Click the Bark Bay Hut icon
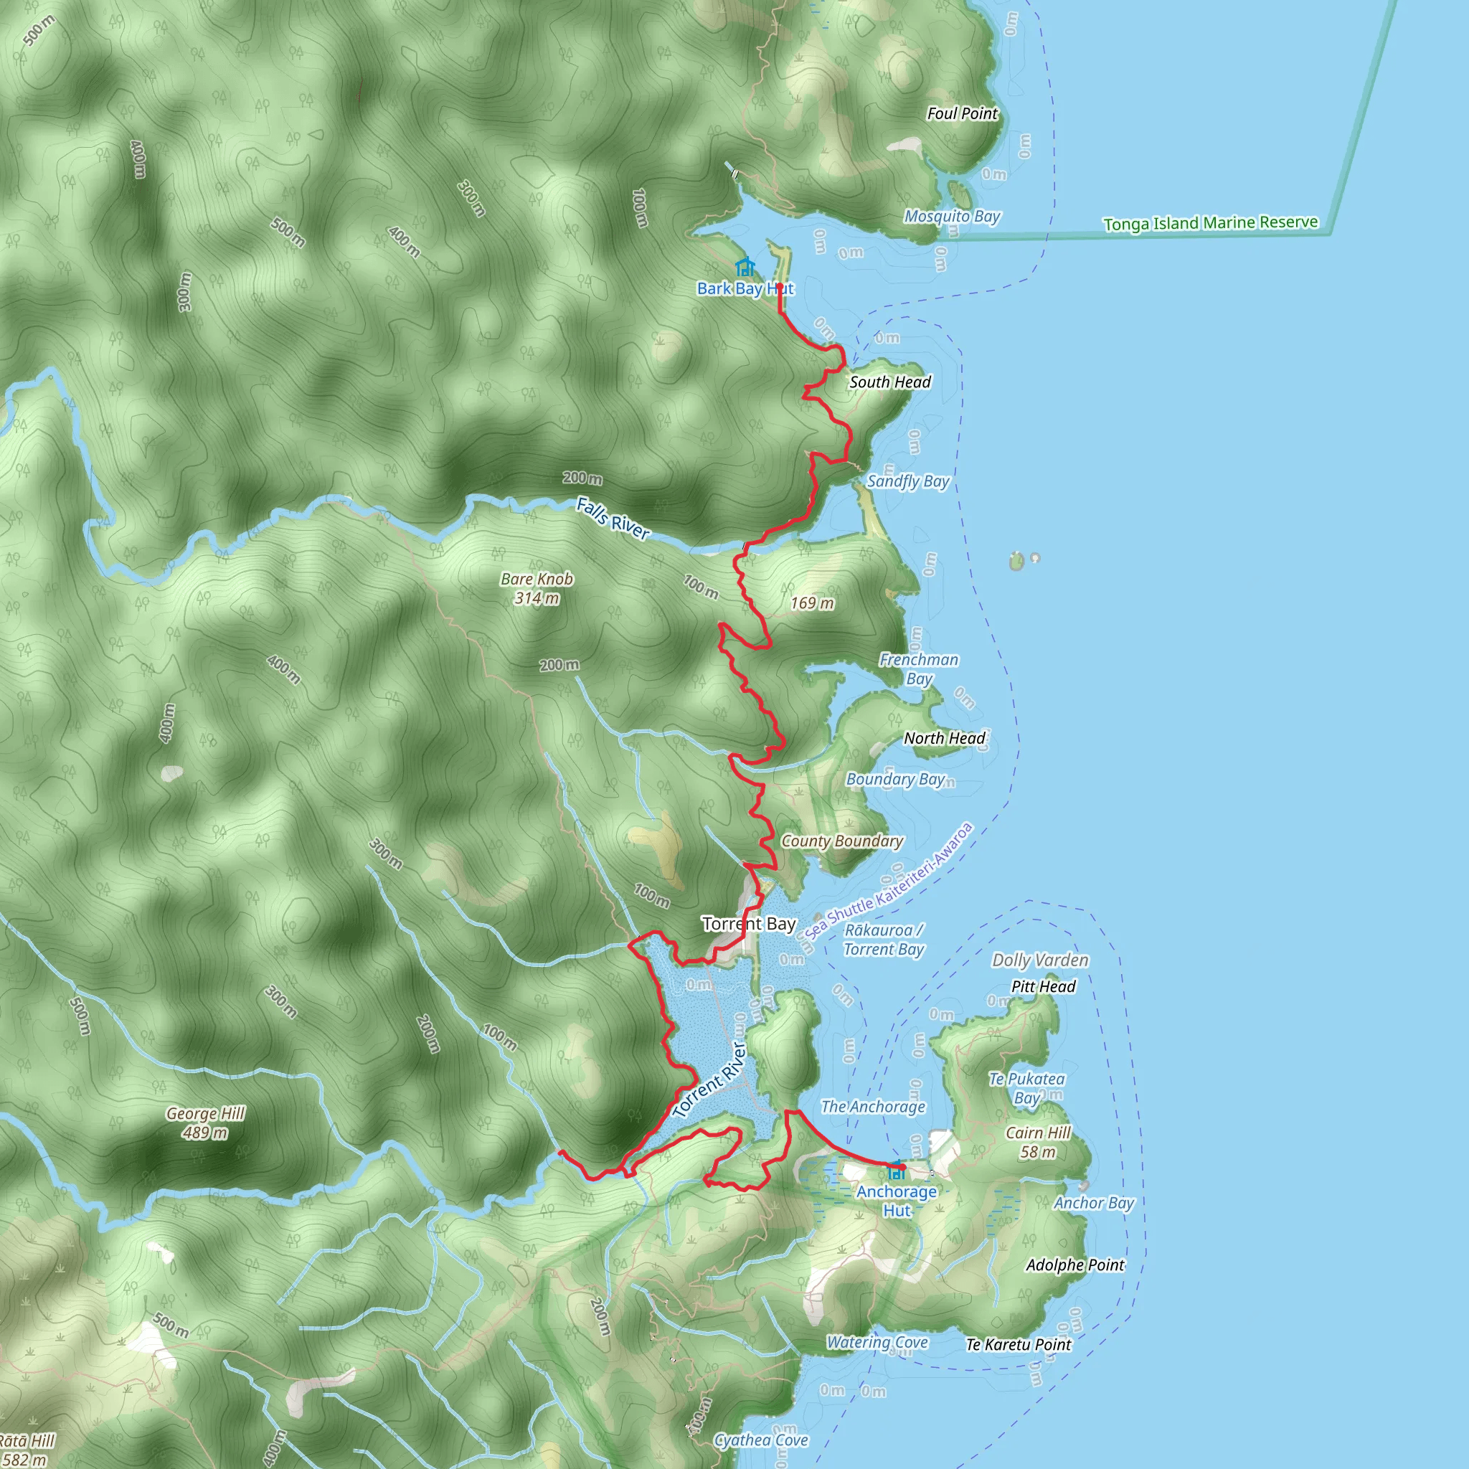tap(745, 268)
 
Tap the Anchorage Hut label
tap(897, 1201)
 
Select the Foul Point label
tap(962, 113)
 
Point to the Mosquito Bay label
tap(952, 217)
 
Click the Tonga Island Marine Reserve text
tap(1211, 223)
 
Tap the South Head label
tap(889, 382)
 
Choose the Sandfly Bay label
tap(908, 481)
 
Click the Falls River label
tap(612, 519)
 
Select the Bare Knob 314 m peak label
tap(537, 588)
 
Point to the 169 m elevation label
tap(812, 604)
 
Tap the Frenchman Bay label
tap(920, 669)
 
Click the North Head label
tap(945, 737)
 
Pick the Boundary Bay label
tap(895, 780)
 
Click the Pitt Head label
tap(1043, 986)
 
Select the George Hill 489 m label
tap(205, 1123)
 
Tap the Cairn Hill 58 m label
tap(1038, 1142)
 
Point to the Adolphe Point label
tap(1075, 1265)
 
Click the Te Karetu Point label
tap(1018, 1345)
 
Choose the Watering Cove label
tap(877, 1343)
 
